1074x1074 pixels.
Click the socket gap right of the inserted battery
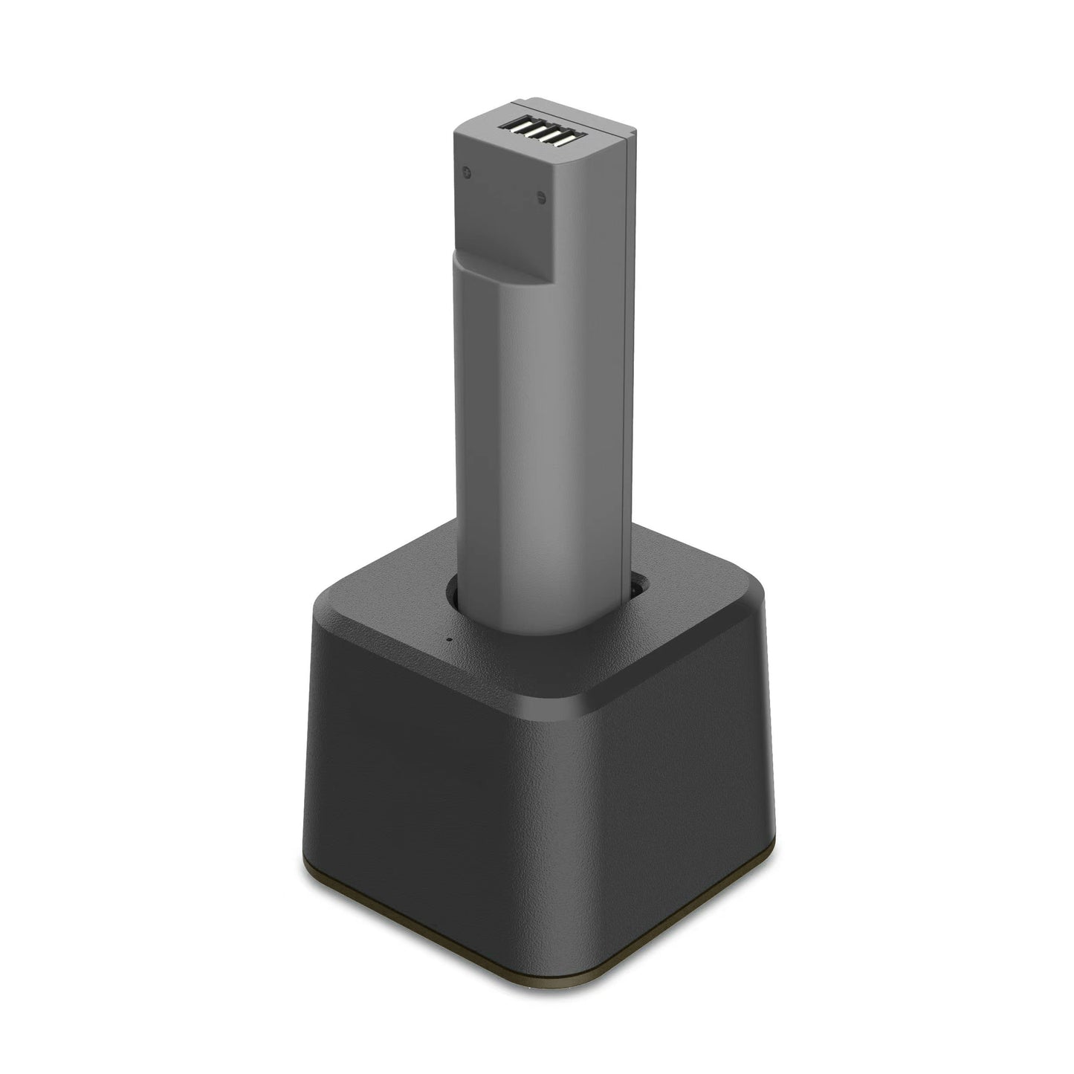click(x=633, y=587)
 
